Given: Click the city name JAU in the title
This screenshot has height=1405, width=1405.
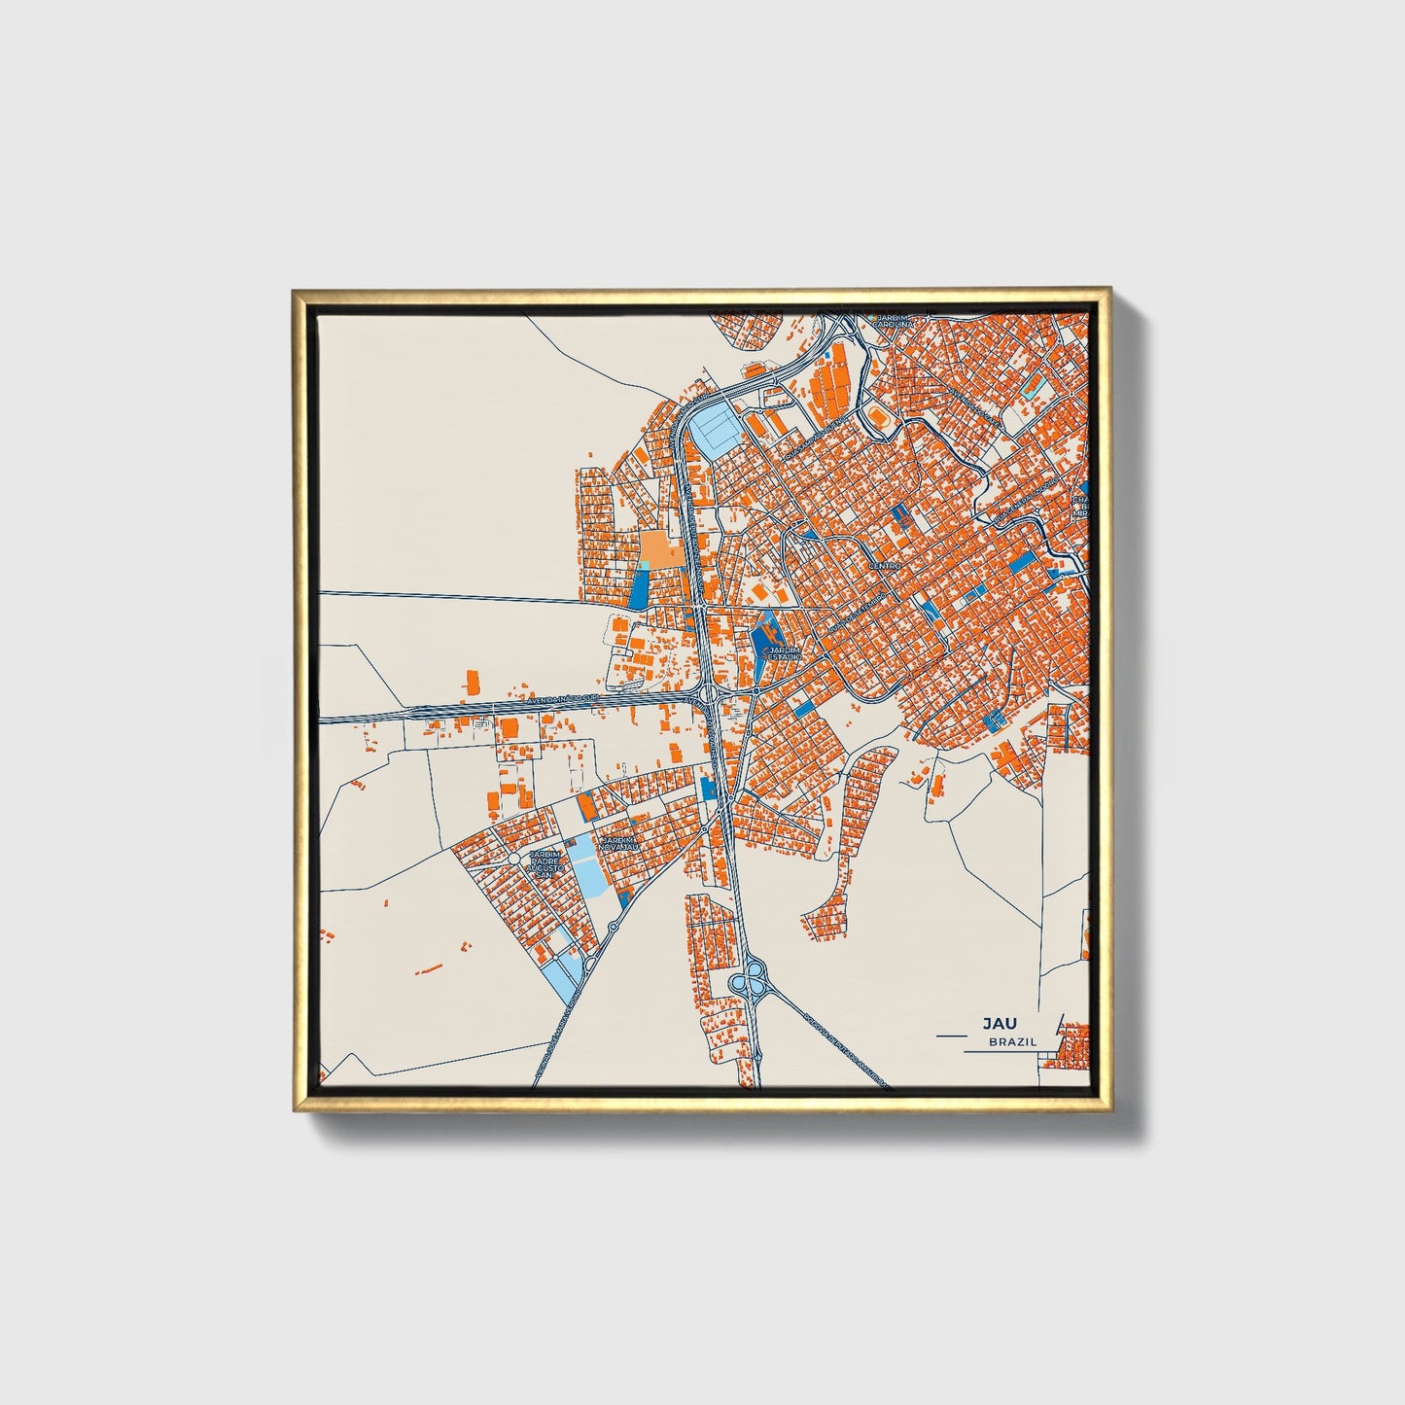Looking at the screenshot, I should [x=996, y=1024].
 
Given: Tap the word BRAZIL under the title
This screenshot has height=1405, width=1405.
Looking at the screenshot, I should [x=1012, y=1041].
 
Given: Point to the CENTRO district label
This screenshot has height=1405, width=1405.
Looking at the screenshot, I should [x=886, y=565].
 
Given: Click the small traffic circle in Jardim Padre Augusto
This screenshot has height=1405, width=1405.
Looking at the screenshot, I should [x=511, y=859].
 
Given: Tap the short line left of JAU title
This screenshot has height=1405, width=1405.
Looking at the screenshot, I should [x=954, y=1036].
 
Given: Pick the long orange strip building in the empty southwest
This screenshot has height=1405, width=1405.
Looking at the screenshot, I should [x=429, y=968].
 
